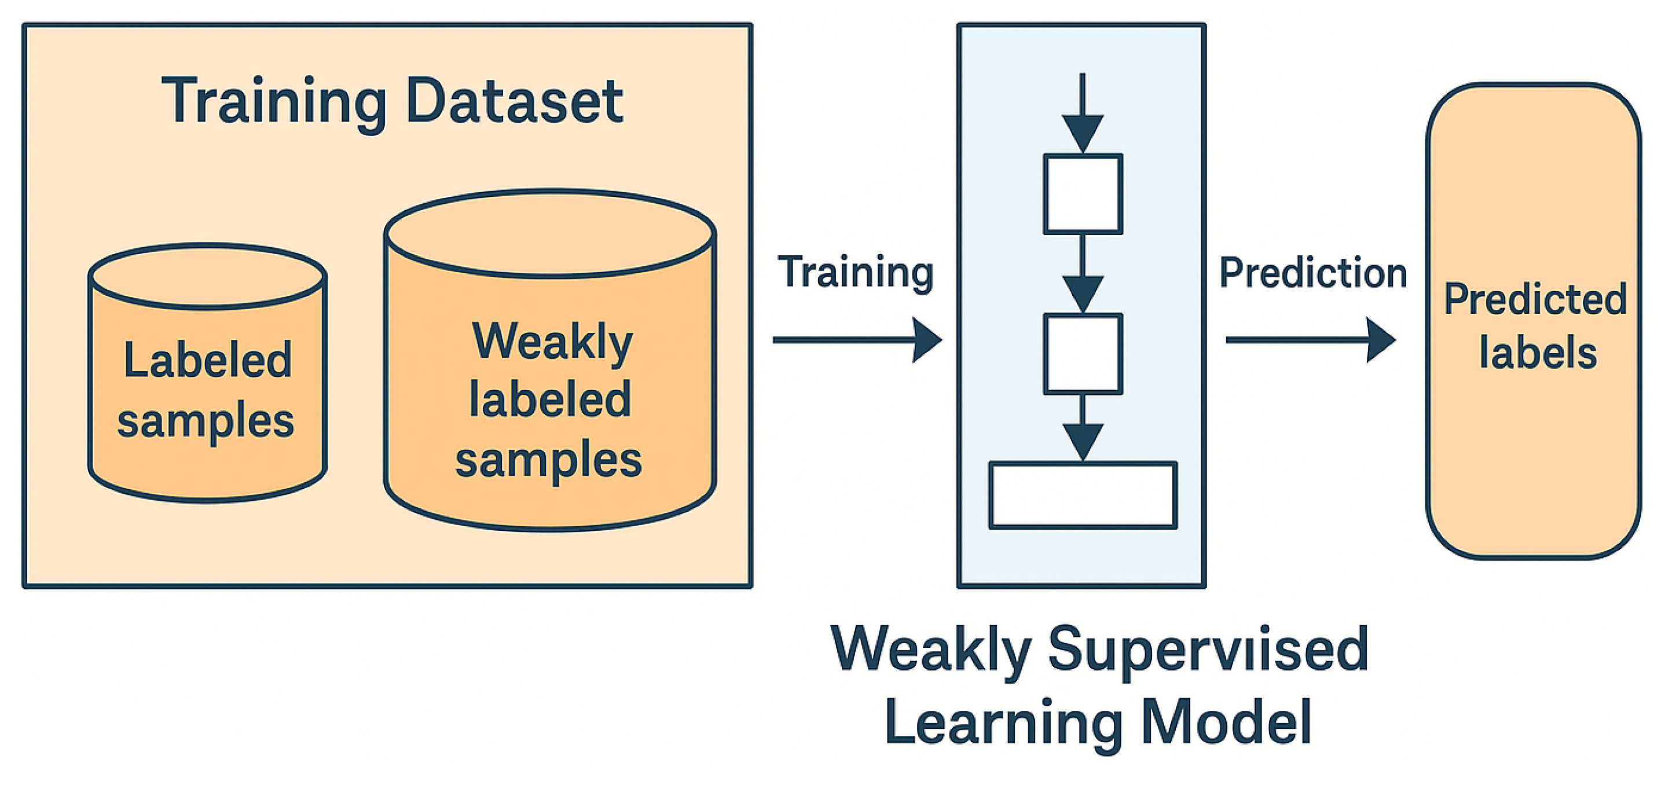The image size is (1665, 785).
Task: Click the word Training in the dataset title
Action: [273, 101]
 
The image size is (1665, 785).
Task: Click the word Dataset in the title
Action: [515, 101]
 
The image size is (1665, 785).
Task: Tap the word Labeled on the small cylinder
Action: [207, 360]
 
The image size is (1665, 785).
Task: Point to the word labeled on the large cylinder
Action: [549, 399]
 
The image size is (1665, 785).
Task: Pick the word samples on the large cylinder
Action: [548, 460]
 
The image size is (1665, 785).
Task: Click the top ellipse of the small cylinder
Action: [207, 277]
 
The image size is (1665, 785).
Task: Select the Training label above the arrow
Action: [855, 272]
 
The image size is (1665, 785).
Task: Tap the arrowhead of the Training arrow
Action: [927, 340]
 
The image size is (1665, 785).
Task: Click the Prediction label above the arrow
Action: [1313, 273]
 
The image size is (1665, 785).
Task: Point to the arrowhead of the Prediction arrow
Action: [1381, 340]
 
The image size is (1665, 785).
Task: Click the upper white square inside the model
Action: [1083, 194]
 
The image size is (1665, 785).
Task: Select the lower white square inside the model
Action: [1083, 353]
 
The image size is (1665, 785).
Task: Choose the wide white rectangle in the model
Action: [1083, 495]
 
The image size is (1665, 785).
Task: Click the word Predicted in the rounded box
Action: [1534, 300]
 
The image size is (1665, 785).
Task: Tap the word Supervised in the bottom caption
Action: [1208, 650]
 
